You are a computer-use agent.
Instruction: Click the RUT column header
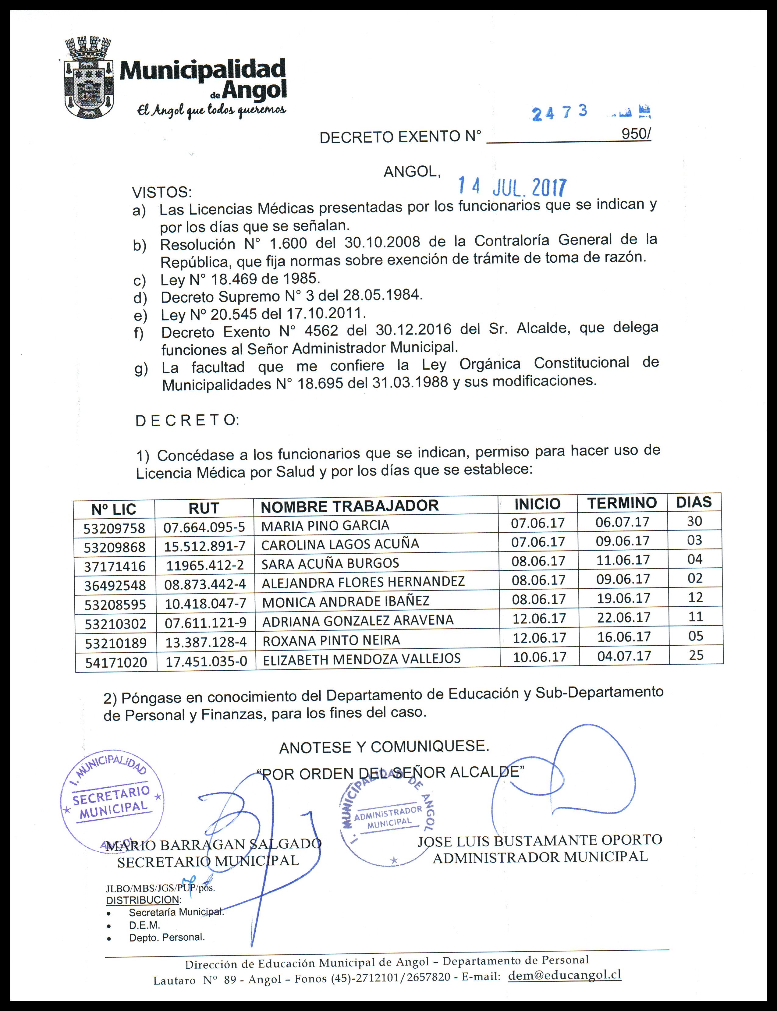[204, 508]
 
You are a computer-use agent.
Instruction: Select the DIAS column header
[694, 502]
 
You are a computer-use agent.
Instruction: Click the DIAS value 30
[694, 521]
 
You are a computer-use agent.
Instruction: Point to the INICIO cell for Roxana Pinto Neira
[539, 638]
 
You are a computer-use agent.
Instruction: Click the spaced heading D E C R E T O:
[187, 420]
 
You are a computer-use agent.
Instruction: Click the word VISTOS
[161, 192]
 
